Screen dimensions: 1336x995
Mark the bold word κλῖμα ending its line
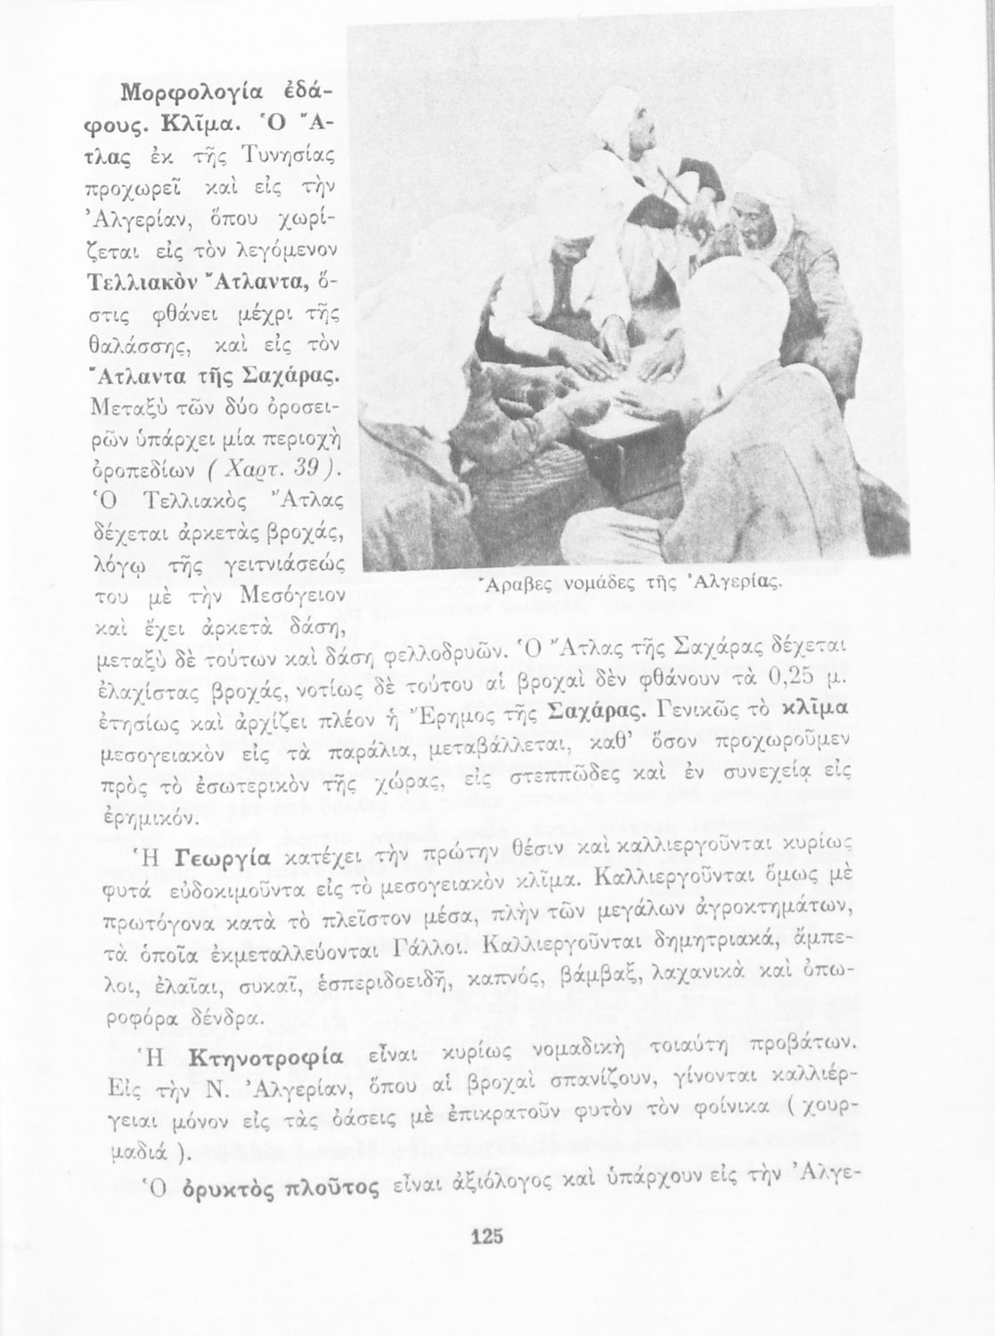click(x=812, y=713)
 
